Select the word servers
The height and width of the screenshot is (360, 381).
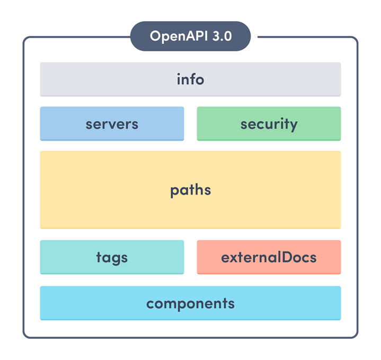coord(112,124)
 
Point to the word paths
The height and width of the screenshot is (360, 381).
coord(190,190)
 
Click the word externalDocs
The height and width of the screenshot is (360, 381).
coord(269,258)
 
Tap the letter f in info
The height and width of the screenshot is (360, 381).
coord(193,79)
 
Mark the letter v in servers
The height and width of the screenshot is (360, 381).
coord(114,125)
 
